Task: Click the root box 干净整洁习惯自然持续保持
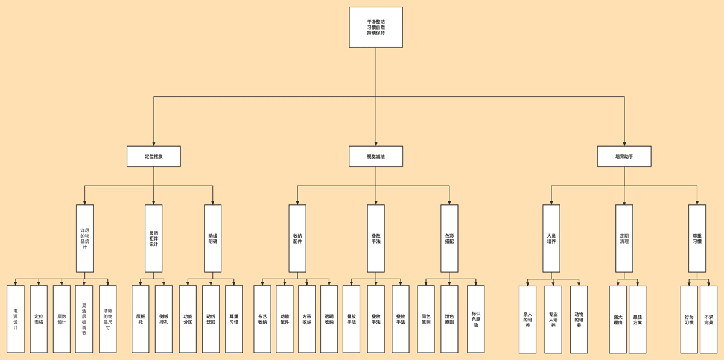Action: pyautogui.click(x=375, y=27)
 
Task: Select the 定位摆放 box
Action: pyautogui.click(x=154, y=156)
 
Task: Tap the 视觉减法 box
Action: pyautogui.click(x=375, y=156)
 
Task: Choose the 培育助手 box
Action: pyautogui.click(x=624, y=156)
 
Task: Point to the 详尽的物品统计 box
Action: pyautogui.click(x=84, y=238)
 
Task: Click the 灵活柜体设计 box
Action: pyautogui.click(x=154, y=238)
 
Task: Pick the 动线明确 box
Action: pyautogui.click(x=213, y=238)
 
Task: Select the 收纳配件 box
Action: pyautogui.click(x=297, y=238)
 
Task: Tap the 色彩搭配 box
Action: pyautogui.click(x=449, y=238)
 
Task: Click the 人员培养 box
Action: pyautogui.click(x=551, y=238)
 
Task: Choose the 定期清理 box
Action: pyautogui.click(x=624, y=238)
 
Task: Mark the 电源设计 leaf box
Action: pyautogui.click(x=16, y=319)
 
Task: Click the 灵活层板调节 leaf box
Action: pyautogui.click(x=84, y=319)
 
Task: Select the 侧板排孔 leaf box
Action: pyautogui.click(x=164, y=319)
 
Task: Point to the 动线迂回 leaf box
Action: pyautogui.click(x=211, y=319)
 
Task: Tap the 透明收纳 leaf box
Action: pyautogui.click(x=329, y=319)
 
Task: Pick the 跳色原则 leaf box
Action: pyautogui.click(x=449, y=319)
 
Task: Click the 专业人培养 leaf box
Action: pyautogui.click(x=553, y=319)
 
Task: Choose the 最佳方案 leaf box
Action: pyautogui.click(x=637, y=319)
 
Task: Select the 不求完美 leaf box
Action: pyautogui.click(x=708, y=319)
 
